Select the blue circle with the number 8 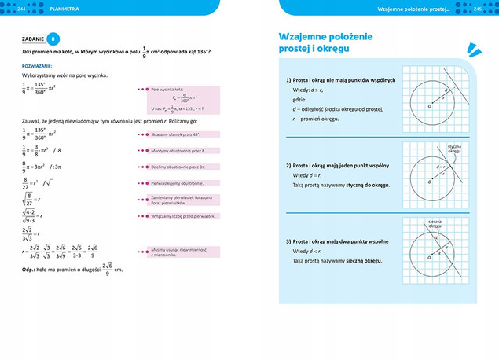pyautogui.click(x=53, y=39)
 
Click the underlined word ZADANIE pyautogui.click(x=33, y=39)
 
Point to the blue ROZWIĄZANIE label pyautogui.click(x=37, y=66)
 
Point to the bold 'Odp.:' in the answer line pyautogui.click(x=32, y=270)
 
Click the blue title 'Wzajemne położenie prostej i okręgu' pyautogui.click(x=325, y=43)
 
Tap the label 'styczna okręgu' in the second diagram pyautogui.click(x=454, y=148)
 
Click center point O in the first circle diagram pyautogui.click(x=430, y=106)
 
